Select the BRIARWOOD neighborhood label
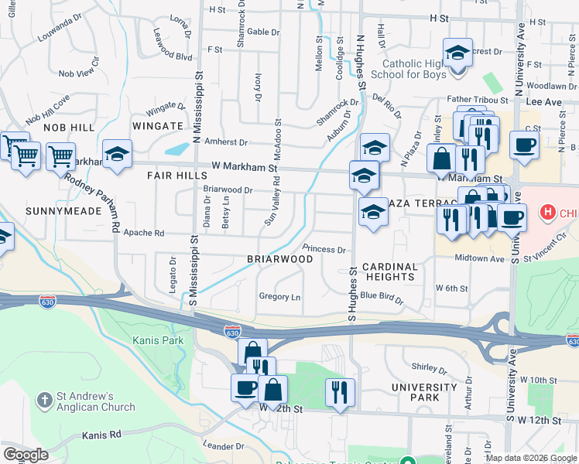[x=279, y=259]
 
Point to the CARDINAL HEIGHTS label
[x=390, y=271]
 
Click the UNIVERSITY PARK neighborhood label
[x=424, y=392]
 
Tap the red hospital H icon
[x=548, y=211]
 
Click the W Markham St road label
[x=244, y=167]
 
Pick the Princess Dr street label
[x=324, y=249]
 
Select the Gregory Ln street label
[x=279, y=296]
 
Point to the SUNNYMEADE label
[x=52, y=210]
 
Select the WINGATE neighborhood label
[x=157, y=125]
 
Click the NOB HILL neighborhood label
[x=69, y=127]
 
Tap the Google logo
[x=26, y=455]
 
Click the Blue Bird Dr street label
[x=382, y=295]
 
